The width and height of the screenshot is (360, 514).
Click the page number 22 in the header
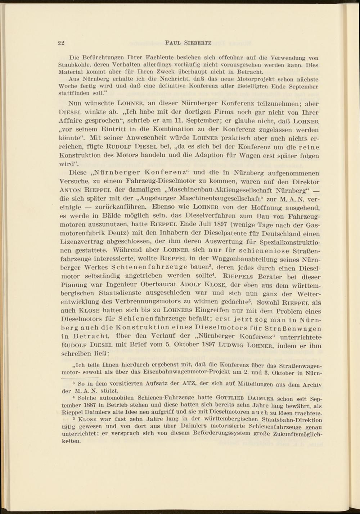pyautogui.click(x=61, y=43)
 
